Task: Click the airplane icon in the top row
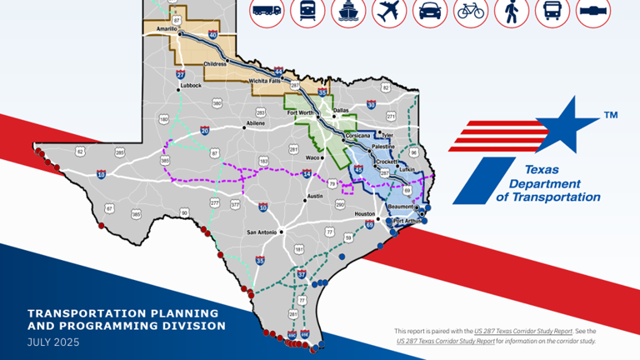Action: tap(389, 12)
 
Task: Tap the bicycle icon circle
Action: tap(471, 12)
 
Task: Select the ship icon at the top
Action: tap(348, 12)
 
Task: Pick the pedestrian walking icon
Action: tap(511, 12)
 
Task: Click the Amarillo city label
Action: tap(167, 28)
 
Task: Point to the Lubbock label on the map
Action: tap(190, 85)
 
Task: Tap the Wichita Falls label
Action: tap(266, 81)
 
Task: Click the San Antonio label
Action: tap(262, 232)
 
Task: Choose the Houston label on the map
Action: tap(365, 214)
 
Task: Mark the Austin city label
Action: tap(314, 197)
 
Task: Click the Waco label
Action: tap(313, 157)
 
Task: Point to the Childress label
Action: tap(216, 63)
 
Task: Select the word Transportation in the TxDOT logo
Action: tap(557, 197)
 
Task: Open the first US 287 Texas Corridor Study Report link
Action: tap(523, 331)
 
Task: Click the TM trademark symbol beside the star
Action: tap(610, 115)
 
